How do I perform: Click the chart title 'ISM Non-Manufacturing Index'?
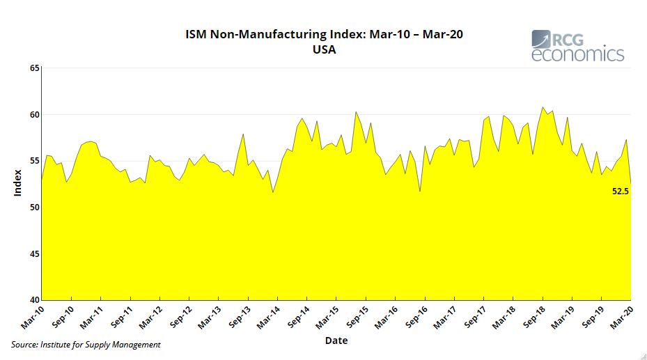(x=324, y=34)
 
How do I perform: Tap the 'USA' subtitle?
(x=324, y=49)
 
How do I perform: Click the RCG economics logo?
(x=577, y=46)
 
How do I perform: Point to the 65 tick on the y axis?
(x=34, y=68)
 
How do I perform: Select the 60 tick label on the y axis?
(x=34, y=114)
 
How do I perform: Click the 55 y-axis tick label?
(x=34, y=161)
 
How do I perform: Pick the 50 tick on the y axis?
(x=34, y=208)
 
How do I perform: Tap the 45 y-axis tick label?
(x=34, y=253)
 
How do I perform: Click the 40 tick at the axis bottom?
(x=34, y=300)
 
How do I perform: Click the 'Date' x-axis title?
(x=336, y=341)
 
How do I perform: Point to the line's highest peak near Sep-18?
(x=543, y=107)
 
